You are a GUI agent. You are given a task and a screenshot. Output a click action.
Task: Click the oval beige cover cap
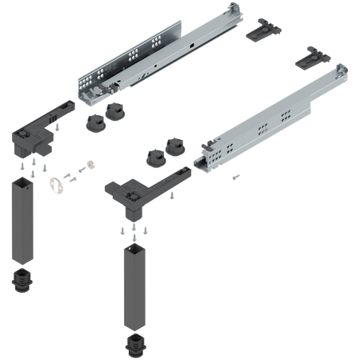pyautogui.click(x=55, y=186)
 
